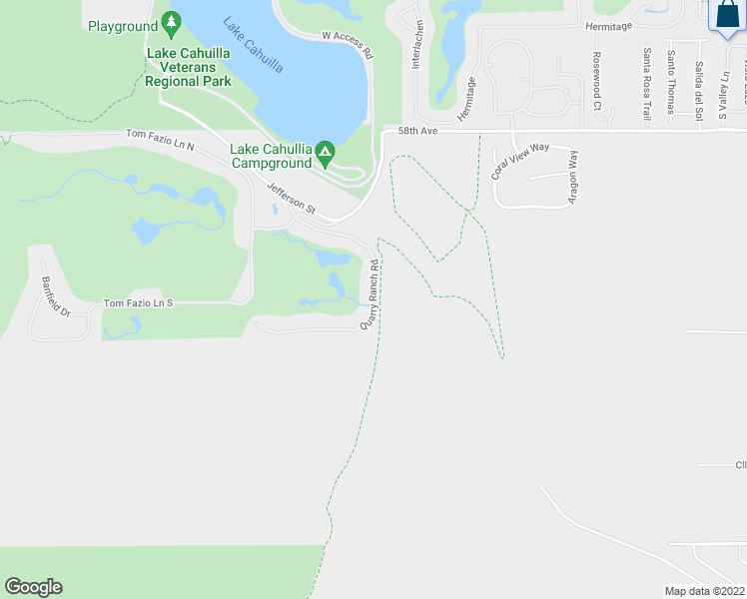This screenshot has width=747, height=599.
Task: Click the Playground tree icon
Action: coord(172,21)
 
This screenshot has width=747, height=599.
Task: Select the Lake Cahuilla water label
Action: coord(252,46)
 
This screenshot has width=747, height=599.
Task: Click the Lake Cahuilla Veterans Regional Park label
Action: coord(188,67)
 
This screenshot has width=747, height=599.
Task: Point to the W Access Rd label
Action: coord(348,45)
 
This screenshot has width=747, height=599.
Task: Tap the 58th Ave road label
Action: coord(419,131)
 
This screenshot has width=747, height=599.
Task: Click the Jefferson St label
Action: coord(291,197)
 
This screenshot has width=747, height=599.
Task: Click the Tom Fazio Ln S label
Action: coord(139,302)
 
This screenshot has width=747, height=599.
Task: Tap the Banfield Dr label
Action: coord(56,298)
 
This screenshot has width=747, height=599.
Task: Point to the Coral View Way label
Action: coord(520,160)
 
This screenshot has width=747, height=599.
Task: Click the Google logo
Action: coord(33,587)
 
